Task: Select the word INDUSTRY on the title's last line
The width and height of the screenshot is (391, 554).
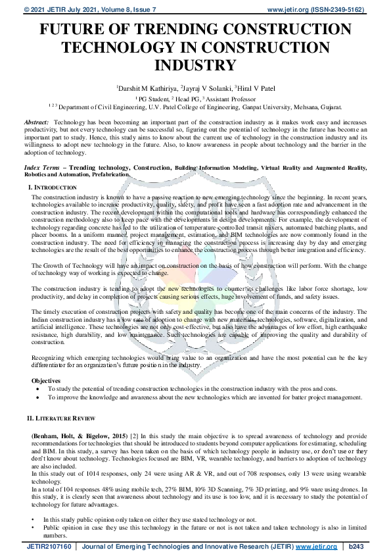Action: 195,65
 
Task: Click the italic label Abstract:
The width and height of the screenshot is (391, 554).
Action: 36,123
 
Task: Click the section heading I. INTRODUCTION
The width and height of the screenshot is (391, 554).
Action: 54,188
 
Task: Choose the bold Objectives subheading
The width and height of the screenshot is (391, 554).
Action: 46,380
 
